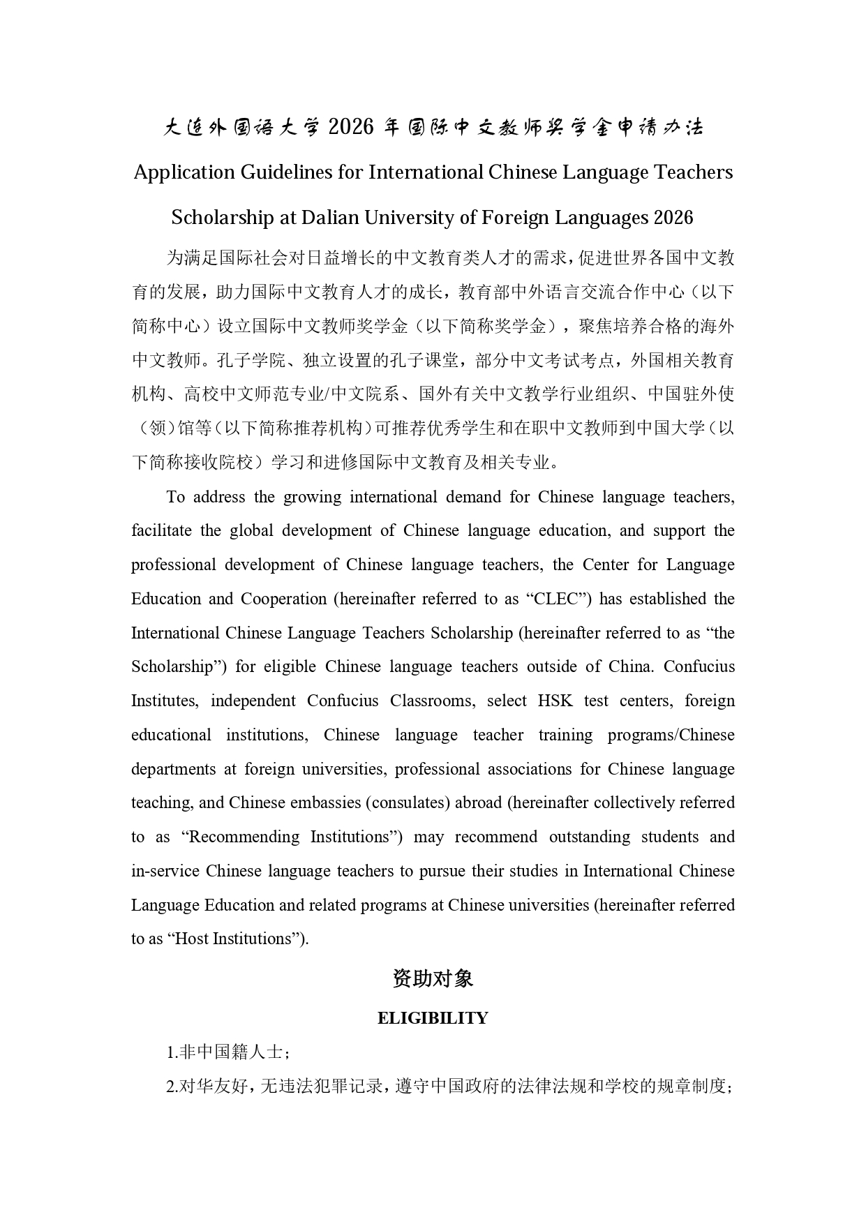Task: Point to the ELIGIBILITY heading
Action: [433, 1018]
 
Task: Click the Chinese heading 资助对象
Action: [433, 979]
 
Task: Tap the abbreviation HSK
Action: [555, 701]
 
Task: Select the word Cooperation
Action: [284, 599]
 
